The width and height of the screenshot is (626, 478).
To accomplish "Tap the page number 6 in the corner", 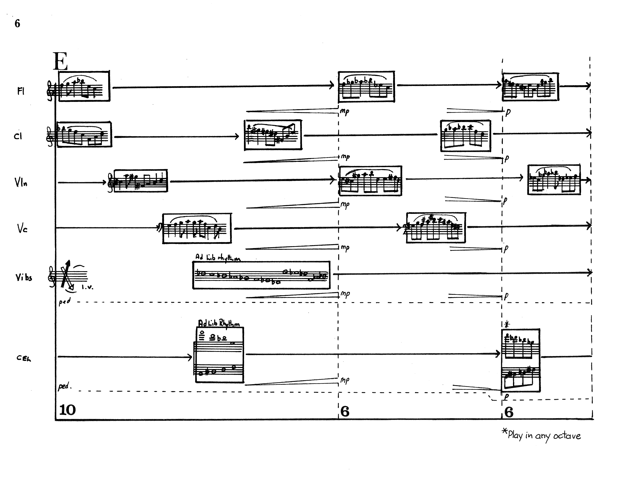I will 17,23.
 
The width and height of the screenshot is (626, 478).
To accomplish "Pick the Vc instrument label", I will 22,228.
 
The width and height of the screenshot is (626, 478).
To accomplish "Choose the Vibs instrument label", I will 24,277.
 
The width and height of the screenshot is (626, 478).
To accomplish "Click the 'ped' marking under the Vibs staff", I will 64,301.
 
